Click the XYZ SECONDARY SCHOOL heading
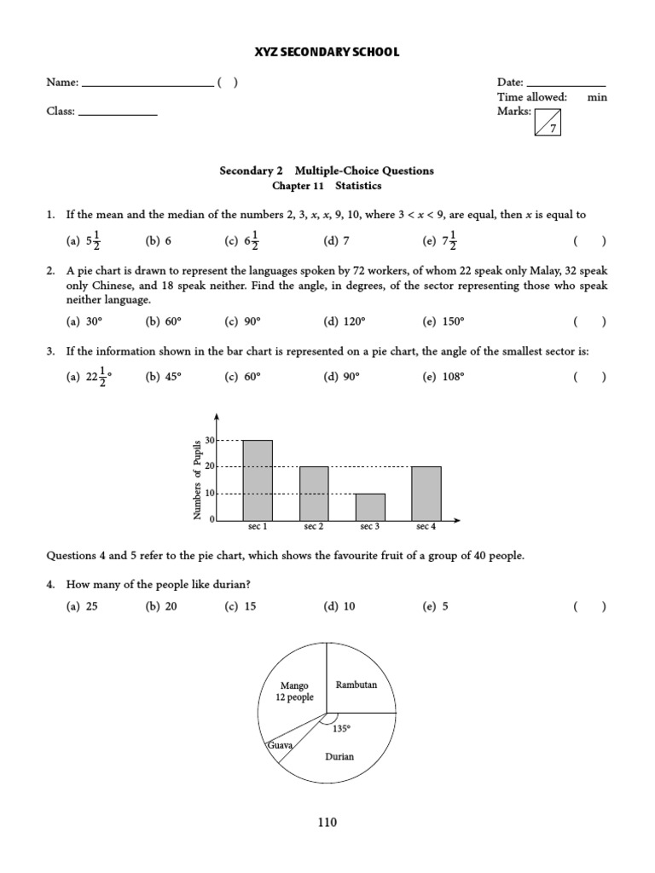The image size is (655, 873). point(327,53)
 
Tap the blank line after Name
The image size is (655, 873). point(147,85)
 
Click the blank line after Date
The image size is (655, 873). point(566,85)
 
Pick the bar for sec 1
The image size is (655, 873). point(258,480)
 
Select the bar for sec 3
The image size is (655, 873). point(370,506)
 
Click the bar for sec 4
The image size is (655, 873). point(426,493)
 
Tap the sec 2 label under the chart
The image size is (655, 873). point(314,528)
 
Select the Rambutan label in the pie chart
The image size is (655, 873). point(356,684)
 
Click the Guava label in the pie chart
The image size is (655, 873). point(280,745)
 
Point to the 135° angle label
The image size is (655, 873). point(342,729)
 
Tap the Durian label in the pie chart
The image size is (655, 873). point(339,756)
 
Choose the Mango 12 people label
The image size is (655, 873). point(294,691)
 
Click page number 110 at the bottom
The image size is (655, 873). point(327,823)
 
